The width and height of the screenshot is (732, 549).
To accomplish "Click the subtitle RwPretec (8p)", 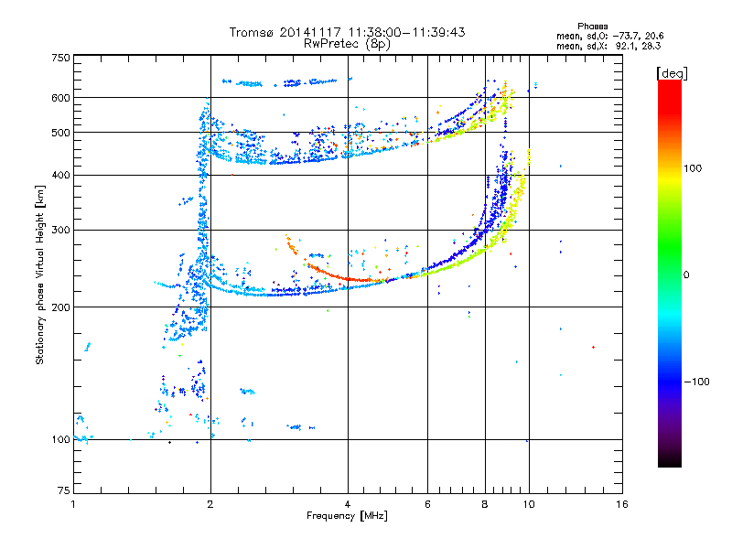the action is (x=347, y=44).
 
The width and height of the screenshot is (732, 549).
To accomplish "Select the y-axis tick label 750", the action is (x=60, y=58).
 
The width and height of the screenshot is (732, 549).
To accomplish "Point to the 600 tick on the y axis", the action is (x=60, y=98).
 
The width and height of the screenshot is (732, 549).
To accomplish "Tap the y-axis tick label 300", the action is (x=60, y=230).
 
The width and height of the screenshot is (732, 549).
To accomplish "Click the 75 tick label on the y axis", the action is (x=64, y=490).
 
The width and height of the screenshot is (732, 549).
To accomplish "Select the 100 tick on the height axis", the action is (x=60, y=439).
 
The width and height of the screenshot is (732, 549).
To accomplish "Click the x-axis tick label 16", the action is (x=622, y=504).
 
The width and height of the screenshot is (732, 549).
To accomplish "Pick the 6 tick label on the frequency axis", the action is (x=427, y=504).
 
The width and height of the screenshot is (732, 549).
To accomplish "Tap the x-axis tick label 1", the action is (x=74, y=504).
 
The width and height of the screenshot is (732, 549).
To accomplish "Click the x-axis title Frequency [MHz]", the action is (x=347, y=516).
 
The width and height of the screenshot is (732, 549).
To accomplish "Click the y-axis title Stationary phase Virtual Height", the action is (x=39, y=275).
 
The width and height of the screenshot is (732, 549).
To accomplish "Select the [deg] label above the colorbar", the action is (x=672, y=73).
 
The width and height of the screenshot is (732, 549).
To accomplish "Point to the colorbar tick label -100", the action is (x=696, y=382).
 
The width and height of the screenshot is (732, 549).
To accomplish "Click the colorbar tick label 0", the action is (x=686, y=274).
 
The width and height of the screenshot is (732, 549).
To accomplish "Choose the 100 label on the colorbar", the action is (x=693, y=168).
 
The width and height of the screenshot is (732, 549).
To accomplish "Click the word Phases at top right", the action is (x=592, y=27).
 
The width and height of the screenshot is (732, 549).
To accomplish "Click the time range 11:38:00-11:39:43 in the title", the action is (x=406, y=32).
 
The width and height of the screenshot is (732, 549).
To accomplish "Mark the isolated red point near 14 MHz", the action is (x=593, y=347).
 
